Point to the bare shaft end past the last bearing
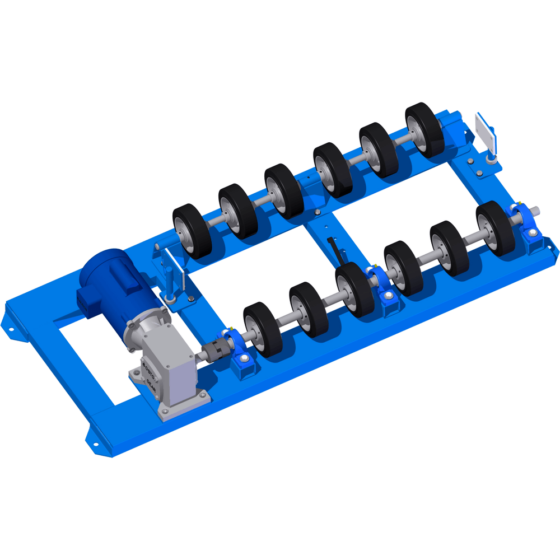click(x=536, y=211)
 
